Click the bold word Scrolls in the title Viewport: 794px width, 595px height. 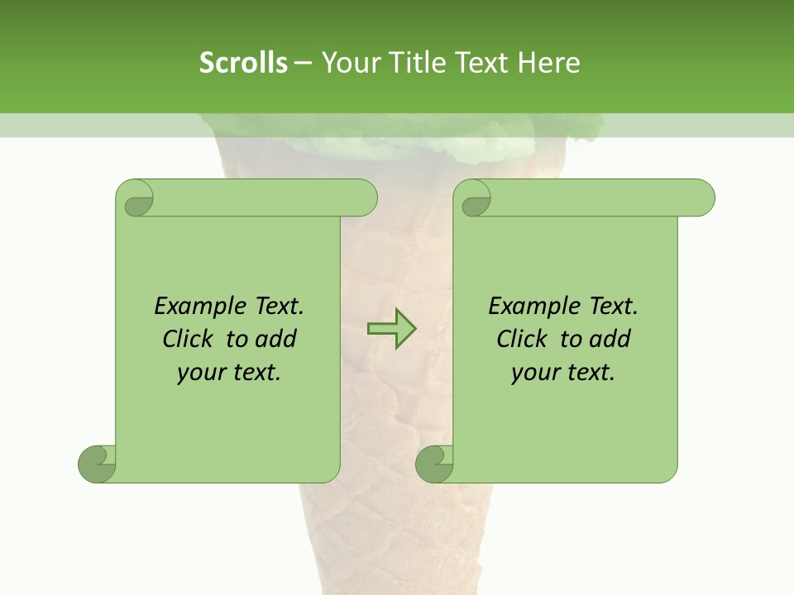pyautogui.click(x=243, y=63)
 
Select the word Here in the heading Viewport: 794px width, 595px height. pyautogui.click(x=549, y=63)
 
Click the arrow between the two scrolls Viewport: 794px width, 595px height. pyautogui.click(x=391, y=328)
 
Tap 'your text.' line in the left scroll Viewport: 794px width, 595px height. pyautogui.click(x=229, y=373)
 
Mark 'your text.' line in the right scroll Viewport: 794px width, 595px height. pyautogui.click(x=563, y=373)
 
